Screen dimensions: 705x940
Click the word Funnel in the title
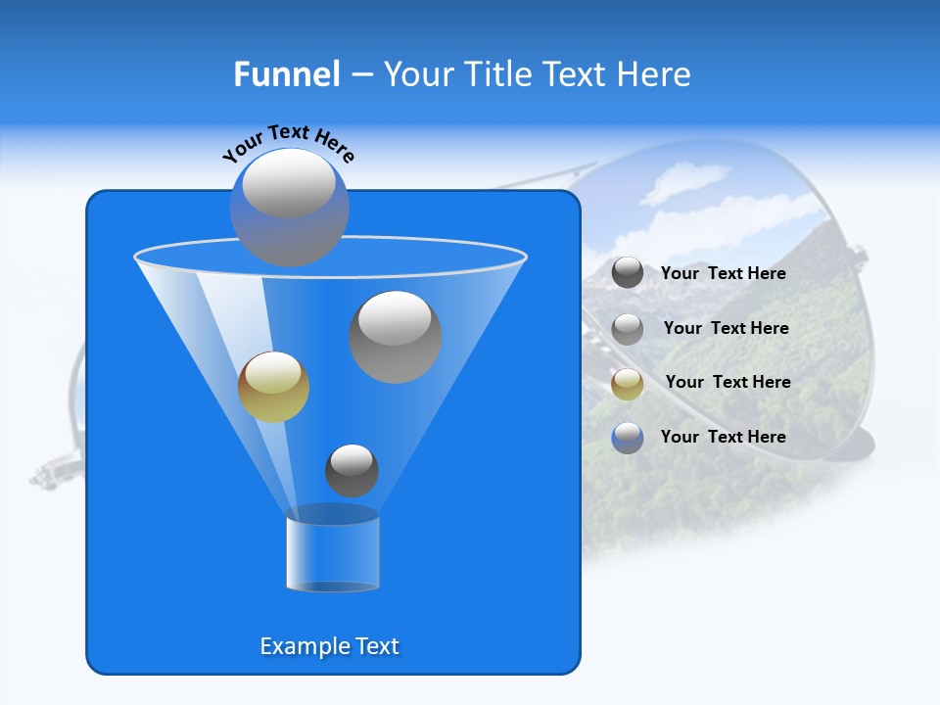(x=287, y=74)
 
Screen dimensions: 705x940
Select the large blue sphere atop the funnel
(x=289, y=207)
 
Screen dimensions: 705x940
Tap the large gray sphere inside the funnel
(x=396, y=337)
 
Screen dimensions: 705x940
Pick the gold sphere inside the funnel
(x=273, y=387)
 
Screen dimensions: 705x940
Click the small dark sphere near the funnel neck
(x=352, y=471)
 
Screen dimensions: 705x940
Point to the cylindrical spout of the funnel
(x=333, y=553)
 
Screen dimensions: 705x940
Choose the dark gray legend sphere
(x=628, y=273)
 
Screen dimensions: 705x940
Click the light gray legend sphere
(x=628, y=329)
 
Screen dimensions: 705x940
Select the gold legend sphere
(x=628, y=384)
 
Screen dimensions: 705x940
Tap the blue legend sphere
(x=628, y=438)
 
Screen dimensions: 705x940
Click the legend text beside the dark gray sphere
(x=724, y=274)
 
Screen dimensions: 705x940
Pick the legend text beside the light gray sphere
(x=726, y=328)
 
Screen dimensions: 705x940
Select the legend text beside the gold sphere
(x=728, y=382)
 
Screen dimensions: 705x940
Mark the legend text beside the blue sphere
(x=724, y=437)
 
